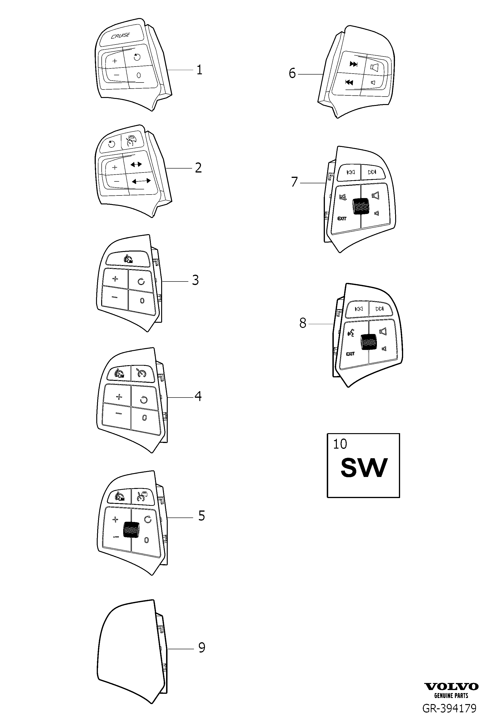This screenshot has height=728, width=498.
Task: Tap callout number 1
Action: [199, 70]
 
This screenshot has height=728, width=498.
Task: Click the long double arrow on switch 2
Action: [141, 181]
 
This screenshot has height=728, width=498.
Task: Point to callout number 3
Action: [195, 280]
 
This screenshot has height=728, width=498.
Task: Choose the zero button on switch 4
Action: [145, 418]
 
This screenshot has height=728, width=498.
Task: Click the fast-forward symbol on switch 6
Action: [354, 64]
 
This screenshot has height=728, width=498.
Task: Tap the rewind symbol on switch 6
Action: [349, 82]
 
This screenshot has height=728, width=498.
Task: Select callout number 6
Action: [292, 73]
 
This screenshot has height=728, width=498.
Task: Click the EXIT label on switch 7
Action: [342, 218]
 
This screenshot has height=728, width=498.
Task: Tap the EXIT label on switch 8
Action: [350, 354]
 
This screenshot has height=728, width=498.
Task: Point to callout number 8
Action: [303, 323]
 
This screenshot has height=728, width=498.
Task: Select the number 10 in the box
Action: [340, 444]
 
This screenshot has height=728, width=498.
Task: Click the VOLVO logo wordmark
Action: [451, 687]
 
